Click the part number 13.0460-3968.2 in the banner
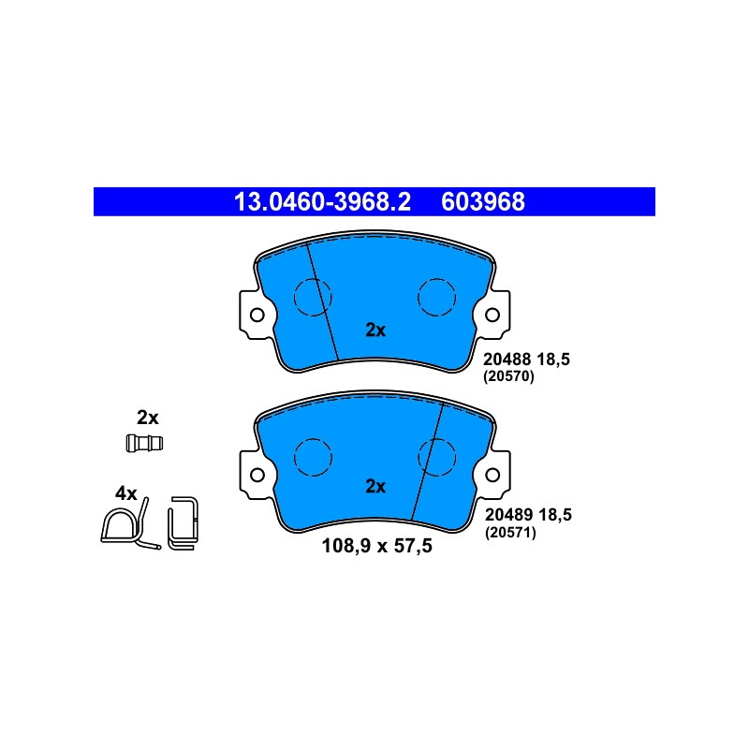(322, 201)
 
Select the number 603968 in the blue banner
(482, 201)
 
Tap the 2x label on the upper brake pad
(375, 330)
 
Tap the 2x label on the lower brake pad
(375, 486)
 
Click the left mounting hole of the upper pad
(257, 316)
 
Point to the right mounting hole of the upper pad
(492, 316)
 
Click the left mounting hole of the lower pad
(257, 475)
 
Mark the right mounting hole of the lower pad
(492, 475)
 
